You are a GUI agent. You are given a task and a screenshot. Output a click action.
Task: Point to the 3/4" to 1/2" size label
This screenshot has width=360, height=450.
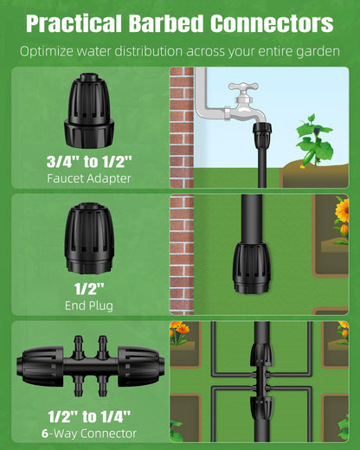click(x=89, y=161)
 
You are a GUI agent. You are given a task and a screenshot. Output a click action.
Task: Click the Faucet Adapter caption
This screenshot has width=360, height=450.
click(x=89, y=178)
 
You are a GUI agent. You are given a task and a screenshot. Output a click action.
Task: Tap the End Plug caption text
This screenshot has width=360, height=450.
click(x=89, y=305)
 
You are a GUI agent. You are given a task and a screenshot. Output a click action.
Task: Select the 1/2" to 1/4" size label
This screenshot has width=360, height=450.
click(x=89, y=415)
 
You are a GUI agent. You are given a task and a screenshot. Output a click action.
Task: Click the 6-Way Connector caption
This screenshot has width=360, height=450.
click(x=89, y=433)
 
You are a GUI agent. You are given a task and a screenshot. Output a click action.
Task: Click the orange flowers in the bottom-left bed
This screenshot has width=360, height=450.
click(x=180, y=331)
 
